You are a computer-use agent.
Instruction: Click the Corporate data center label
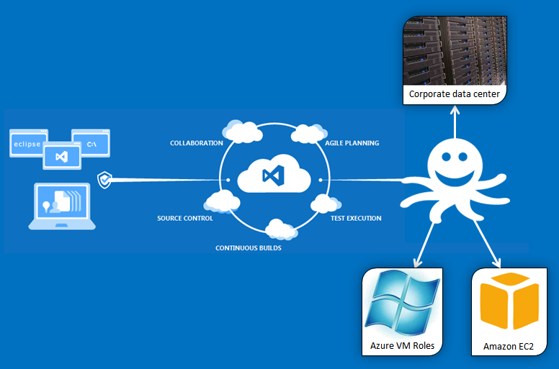[454, 94]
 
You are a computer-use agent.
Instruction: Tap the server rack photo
[454, 50]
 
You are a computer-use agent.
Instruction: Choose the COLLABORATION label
[196, 143]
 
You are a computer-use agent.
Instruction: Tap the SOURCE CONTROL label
[185, 218]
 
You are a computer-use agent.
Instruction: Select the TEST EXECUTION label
[356, 218]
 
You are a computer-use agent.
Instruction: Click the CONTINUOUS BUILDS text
[249, 248]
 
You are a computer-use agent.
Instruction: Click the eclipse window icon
[28, 144]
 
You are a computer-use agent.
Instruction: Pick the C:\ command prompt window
[91, 144]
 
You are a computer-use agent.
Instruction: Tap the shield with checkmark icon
[104, 179]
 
